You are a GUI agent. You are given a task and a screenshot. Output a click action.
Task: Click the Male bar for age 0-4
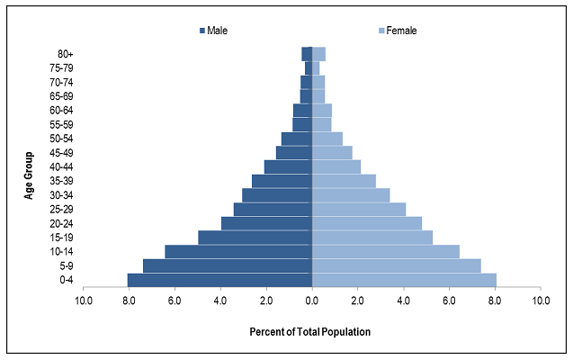point(219,280)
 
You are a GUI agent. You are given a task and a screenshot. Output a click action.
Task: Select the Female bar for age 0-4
point(404,280)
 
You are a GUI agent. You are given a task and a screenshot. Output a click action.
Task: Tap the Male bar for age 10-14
point(238,251)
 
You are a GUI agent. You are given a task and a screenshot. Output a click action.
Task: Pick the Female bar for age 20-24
point(366,223)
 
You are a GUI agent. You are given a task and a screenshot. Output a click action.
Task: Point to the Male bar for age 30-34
point(277,194)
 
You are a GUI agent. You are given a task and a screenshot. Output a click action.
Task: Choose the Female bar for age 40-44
point(336,166)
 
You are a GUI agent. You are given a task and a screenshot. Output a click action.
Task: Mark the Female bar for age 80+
point(318,53)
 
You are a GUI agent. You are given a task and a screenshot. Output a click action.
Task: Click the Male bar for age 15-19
point(255,238)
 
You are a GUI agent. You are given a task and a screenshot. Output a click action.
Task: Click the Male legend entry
point(213,31)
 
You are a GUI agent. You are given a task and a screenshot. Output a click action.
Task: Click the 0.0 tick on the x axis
point(311,300)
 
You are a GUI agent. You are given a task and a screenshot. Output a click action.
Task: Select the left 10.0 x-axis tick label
point(84,300)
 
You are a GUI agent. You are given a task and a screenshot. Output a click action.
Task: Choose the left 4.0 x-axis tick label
point(220,300)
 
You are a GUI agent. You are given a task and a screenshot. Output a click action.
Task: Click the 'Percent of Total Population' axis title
point(310,332)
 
